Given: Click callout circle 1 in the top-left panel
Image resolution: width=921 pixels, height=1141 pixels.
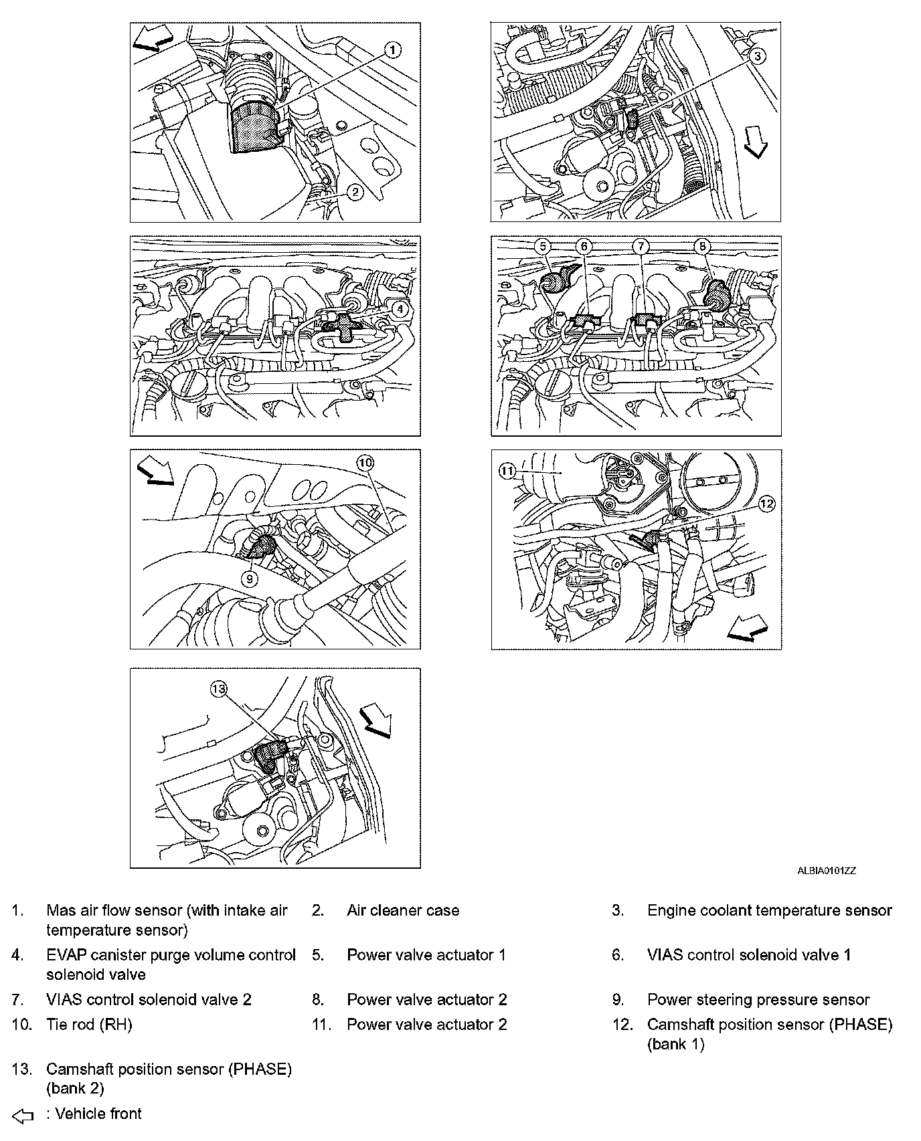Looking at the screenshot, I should tap(393, 49).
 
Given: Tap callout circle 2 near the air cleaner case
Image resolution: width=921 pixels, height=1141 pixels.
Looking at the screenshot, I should tap(355, 193).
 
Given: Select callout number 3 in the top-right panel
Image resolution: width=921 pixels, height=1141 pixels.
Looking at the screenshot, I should tap(756, 57).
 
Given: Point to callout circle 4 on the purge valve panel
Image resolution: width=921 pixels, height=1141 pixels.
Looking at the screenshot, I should tap(400, 308).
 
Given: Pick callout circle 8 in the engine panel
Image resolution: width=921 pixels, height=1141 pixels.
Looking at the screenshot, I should tap(703, 247).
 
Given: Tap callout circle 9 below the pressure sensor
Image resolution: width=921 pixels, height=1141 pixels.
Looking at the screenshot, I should tap(249, 579).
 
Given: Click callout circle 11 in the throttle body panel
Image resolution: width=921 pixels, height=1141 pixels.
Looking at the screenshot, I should tap(507, 471).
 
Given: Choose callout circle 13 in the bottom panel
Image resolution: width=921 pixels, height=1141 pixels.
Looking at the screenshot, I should tap(218, 688).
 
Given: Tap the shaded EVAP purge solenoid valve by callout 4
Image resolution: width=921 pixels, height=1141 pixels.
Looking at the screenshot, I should tap(343, 327).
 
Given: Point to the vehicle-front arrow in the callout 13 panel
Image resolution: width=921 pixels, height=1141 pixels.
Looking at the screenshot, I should tap(375, 722).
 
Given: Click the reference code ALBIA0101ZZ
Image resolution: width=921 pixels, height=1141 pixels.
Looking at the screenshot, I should tap(826, 871).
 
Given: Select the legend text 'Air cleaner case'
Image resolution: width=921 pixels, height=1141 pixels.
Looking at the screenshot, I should tap(403, 910).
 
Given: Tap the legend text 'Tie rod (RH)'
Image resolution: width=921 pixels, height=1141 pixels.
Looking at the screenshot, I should tap(89, 1024).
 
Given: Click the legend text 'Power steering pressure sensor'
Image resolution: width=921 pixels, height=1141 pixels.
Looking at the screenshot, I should tap(758, 1000).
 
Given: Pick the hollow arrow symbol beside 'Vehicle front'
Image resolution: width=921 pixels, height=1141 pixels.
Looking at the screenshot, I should tap(23, 1115).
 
